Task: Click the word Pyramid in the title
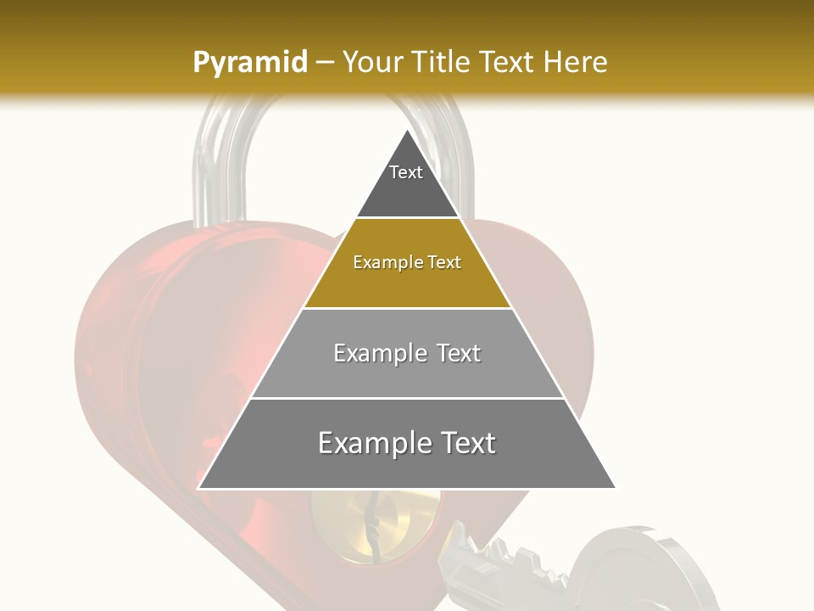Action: click(x=249, y=63)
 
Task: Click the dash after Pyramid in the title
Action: click(x=325, y=63)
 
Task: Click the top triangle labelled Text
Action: click(x=406, y=182)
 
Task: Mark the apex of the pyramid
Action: click(x=407, y=132)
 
